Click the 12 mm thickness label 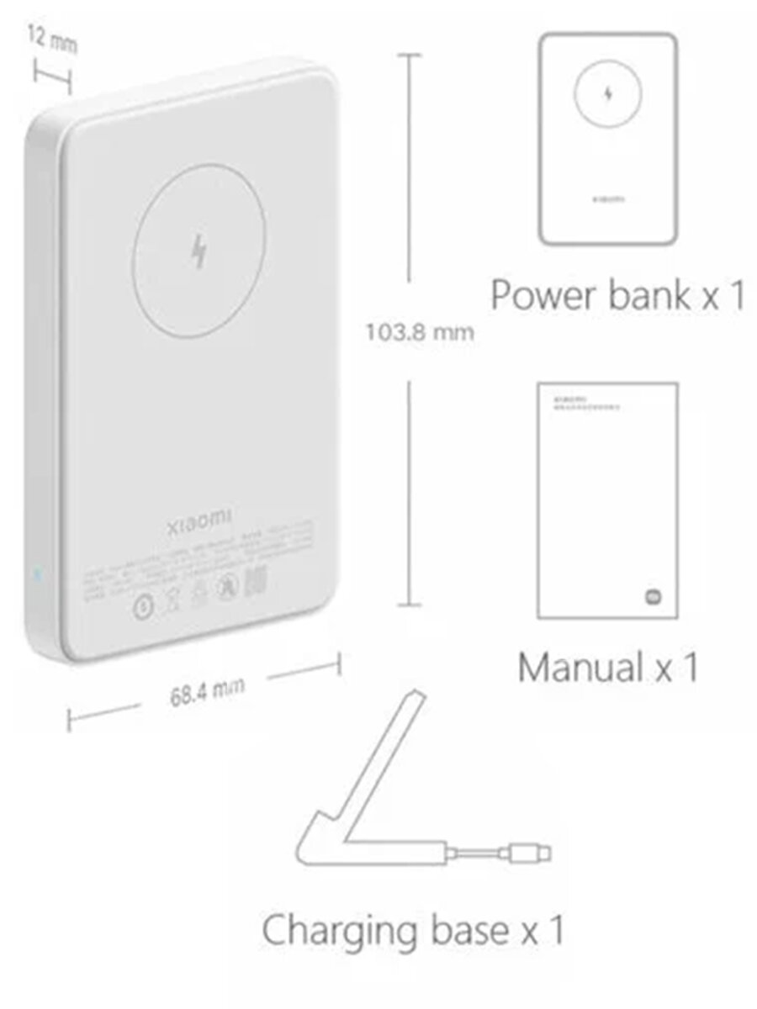(51, 40)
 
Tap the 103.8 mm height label (419, 332)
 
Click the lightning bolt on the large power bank (199, 251)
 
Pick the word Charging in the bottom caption (347, 931)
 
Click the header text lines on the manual (580, 400)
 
